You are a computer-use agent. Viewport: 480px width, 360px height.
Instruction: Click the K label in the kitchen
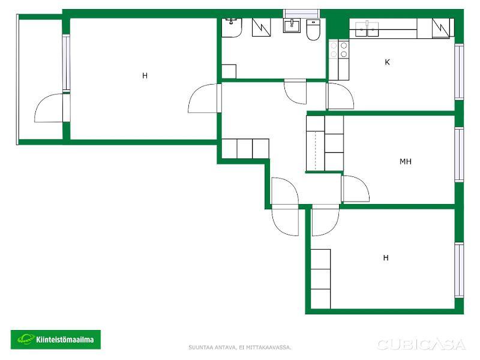coord(387,62)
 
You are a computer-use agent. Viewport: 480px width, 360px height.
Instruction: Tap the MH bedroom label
coord(406,161)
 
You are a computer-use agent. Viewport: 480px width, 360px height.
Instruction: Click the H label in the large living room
coord(145,76)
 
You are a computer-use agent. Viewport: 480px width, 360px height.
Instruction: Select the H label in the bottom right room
coord(386,258)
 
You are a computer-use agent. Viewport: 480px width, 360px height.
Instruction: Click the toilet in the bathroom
coord(313,29)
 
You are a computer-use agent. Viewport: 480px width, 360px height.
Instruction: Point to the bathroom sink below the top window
coord(292,26)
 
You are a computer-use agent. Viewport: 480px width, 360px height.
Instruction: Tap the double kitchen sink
coord(367,29)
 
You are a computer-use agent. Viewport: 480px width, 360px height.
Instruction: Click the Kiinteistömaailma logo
coord(56,340)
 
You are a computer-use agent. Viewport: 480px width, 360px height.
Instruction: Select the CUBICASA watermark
coord(421,344)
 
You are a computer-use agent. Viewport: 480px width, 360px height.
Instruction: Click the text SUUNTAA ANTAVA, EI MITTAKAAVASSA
coord(239,347)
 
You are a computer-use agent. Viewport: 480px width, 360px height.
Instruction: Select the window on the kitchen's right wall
coord(459,72)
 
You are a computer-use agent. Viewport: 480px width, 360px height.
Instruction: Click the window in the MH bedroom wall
coord(459,155)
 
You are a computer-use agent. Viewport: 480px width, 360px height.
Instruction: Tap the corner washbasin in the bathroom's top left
coord(232,28)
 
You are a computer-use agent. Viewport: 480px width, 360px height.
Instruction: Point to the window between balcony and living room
coord(66,63)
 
